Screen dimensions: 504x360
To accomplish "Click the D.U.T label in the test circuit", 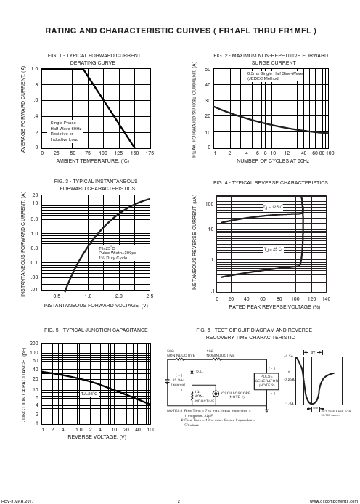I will (x=201, y=371).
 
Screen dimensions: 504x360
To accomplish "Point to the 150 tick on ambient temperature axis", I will (x=134, y=154).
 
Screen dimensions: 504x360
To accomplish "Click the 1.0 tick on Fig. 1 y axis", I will (x=35, y=69).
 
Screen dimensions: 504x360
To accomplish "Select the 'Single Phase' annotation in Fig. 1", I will (x=63, y=123).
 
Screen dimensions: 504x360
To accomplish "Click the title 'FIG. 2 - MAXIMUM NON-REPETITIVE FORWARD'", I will (x=271, y=55).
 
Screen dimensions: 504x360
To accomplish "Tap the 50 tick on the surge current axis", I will (x=208, y=70).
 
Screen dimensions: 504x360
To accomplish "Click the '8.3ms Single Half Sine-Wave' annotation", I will (x=275, y=73).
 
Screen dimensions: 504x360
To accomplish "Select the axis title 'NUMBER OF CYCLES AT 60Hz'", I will (x=273, y=160).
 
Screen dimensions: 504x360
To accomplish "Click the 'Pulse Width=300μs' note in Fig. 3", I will (x=118, y=253).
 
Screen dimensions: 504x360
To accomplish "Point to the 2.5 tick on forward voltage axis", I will (x=150, y=297).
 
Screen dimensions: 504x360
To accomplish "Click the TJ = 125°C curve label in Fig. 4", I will (x=272, y=208).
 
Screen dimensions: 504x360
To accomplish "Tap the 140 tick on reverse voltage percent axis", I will (x=326, y=298).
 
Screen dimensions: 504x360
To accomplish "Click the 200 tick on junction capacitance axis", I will (x=33, y=343).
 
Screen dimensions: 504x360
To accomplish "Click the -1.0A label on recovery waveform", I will (x=289, y=403).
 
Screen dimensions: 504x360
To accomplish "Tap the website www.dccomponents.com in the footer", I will (x=338, y=501).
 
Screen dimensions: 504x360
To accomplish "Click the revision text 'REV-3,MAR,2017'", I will (x=17, y=501).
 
